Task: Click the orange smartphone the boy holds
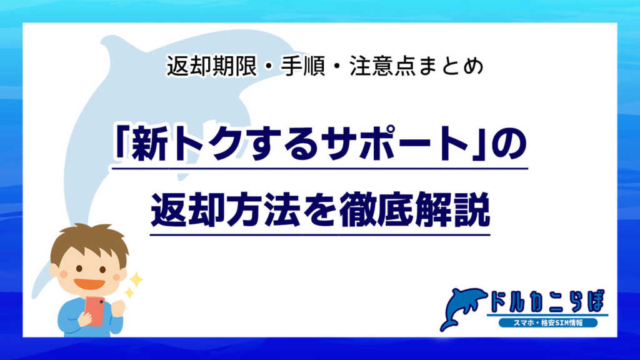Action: pos(94,311)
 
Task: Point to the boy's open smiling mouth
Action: pos(89,284)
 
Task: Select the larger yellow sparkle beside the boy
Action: pos(135,279)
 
